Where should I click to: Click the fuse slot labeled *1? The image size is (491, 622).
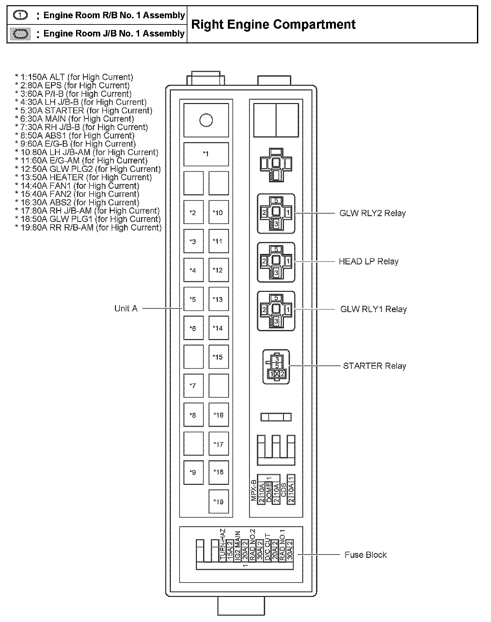206,154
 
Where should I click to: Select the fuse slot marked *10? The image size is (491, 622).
218,213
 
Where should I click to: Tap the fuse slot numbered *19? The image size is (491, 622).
218,502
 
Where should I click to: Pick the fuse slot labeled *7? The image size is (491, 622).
193,386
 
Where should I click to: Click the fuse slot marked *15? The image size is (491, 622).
218,357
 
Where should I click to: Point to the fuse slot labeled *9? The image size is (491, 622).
193,472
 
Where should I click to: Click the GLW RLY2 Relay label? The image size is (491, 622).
372,213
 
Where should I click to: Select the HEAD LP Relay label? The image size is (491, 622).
369,261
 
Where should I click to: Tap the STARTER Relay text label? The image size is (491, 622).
374,366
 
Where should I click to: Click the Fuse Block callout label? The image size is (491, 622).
366,555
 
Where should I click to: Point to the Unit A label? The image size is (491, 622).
126,308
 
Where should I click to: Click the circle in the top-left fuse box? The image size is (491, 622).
206,120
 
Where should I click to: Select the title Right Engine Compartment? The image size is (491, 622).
273,24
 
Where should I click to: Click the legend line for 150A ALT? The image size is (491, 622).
74,77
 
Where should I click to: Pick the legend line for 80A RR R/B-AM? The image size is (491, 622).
88,228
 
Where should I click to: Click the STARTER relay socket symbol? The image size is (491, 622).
276,367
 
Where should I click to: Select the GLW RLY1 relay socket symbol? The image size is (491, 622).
276,311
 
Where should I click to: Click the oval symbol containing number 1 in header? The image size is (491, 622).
20,15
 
